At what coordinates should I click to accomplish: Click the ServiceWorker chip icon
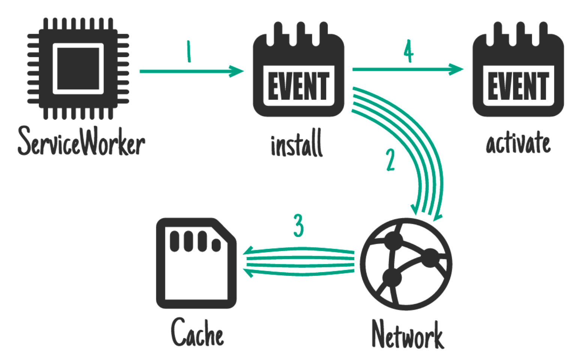coord(78,69)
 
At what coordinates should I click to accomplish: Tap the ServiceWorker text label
coord(81,141)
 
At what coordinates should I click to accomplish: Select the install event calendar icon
coord(298,69)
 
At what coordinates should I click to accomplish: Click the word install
coord(297,142)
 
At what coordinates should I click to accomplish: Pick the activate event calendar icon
coord(518,69)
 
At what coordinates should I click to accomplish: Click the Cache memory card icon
coord(196,263)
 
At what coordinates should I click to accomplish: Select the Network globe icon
coord(406,264)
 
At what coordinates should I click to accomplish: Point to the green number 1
coord(189,51)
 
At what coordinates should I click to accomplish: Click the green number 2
coord(390,160)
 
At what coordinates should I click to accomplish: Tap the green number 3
coord(298,225)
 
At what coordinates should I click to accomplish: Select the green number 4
coord(409,51)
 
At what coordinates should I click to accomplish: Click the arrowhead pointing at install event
coord(236,71)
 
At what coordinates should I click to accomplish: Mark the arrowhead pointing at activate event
coord(456,69)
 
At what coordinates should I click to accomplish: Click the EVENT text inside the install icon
coord(299,86)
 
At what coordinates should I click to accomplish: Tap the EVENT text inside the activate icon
coord(518,86)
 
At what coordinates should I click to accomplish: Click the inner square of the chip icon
coord(78,69)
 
